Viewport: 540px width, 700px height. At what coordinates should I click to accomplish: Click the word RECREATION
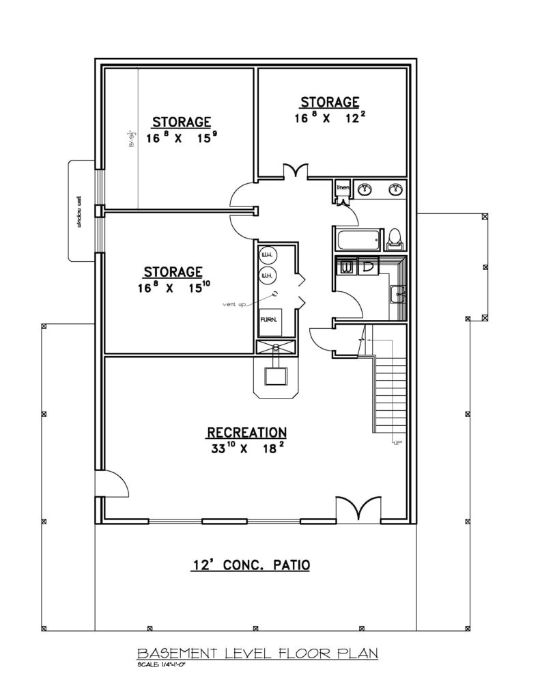click(x=246, y=433)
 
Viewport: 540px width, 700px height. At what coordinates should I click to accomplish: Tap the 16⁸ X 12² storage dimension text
click(x=326, y=118)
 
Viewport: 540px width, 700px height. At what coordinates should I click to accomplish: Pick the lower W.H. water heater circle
click(x=267, y=275)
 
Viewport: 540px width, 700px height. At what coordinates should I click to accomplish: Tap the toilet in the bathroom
click(x=394, y=237)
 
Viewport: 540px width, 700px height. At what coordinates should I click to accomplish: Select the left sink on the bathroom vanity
click(x=367, y=189)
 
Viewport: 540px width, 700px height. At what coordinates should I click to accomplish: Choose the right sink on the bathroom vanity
click(x=395, y=189)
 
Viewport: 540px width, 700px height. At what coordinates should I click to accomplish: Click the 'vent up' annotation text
click(x=233, y=303)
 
